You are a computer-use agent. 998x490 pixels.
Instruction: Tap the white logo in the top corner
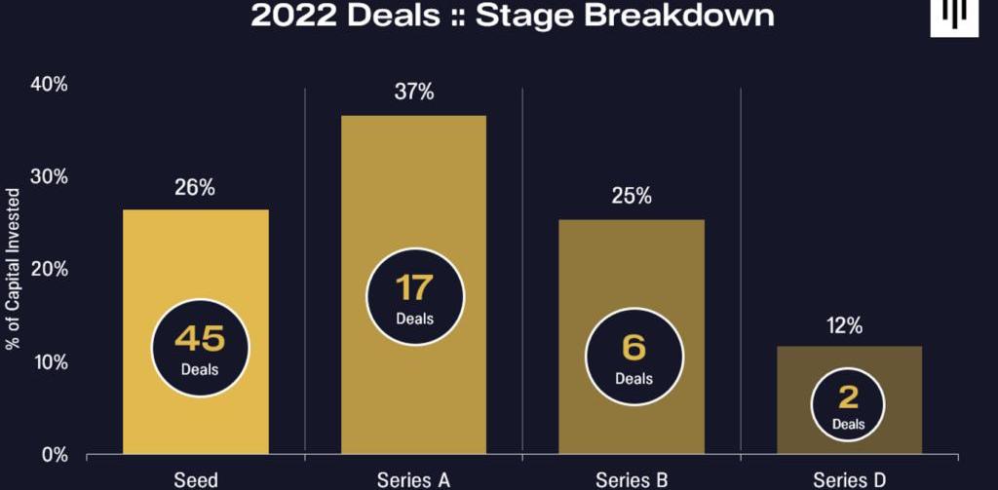click(953, 17)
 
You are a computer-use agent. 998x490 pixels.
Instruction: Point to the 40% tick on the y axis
click(50, 85)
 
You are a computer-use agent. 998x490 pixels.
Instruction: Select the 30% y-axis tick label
click(50, 177)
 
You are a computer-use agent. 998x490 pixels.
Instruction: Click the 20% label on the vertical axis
click(50, 270)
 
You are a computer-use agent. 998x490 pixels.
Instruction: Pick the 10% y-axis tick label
click(50, 362)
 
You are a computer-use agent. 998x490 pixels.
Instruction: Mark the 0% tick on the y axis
click(54, 455)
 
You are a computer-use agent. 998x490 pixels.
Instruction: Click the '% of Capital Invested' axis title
click(14, 269)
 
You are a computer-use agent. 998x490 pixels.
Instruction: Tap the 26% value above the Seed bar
click(195, 188)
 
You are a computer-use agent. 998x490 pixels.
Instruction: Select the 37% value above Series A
click(413, 94)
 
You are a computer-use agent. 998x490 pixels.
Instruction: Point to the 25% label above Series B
click(632, 197)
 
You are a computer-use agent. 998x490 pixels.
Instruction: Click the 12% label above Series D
click(849, 325)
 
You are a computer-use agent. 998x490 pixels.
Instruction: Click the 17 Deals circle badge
click(414, 295)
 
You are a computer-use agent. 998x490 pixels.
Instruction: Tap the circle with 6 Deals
click(633, 357)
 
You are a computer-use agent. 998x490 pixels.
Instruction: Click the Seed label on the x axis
click(195, 479)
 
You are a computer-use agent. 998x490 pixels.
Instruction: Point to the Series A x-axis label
click(413, 479)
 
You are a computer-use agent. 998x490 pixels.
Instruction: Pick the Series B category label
click(632, 479)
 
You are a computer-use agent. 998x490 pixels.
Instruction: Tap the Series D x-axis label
click(849, 479)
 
